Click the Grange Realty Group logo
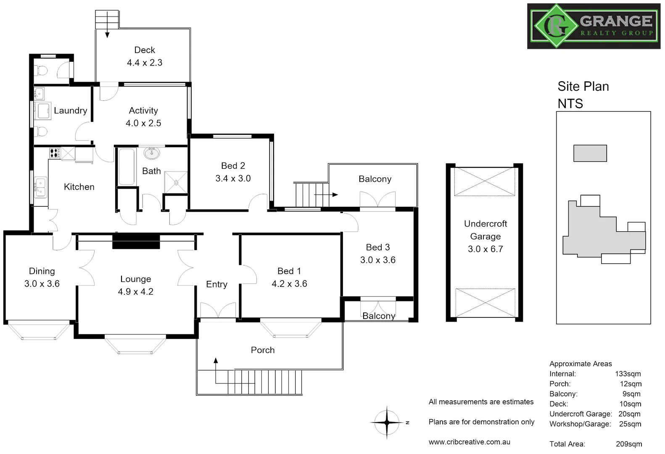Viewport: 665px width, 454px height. pyautogui.click(x=594, y=26)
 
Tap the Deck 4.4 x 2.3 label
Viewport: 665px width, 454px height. pyautogui.click(x=145, y=56)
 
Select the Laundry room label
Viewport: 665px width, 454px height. pyautogui.click(x=70, y=111)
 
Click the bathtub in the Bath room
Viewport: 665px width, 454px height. pyautogui.click(x=126, y=167)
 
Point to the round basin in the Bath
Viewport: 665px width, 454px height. pyautogui.click(x=152, y=153)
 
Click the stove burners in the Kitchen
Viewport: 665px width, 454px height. pyautogui.click(x=55, y=153)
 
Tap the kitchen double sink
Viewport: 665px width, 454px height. pyautogui.click(x=40, y=187)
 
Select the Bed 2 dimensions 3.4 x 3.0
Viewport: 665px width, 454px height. pyautogui.click(x=233, y=178)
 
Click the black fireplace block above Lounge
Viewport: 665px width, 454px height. pyautogui.click(x=136, y=242)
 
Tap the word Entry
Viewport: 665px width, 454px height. pyautogui.click(x=216, y=285)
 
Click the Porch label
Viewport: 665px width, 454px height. pyautogui.click(x=262, y=350)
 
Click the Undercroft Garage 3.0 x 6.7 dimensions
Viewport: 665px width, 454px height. pyautogui.click(x=485, y=249)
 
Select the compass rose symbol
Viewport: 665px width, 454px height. pyautogui.click(x=387, y=422)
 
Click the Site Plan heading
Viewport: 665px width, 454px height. pyautogui.click(x=583, y=86)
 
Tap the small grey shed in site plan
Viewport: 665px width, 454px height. pyautogui.click(x=590, y=153)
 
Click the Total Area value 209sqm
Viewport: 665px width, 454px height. pyautogui.click(x=629, y=444)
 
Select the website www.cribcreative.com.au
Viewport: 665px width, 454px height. pyautogui.click(x=469, y=442)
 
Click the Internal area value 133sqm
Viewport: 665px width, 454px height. pyautogui.click(x=628, y=374)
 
